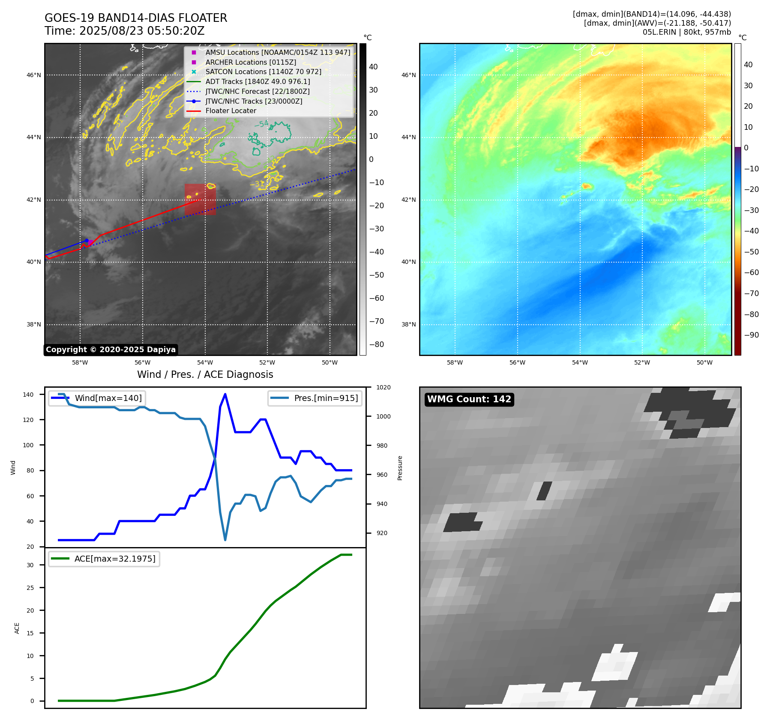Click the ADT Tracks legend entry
258,81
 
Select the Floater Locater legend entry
231,111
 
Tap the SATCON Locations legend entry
263,72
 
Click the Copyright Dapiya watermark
111,350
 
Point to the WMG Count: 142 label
469,399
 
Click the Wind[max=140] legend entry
108,398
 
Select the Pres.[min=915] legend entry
326,398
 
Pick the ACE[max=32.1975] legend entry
114,559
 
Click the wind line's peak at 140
225,395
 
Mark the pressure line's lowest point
225,540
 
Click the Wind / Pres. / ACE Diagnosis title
205,374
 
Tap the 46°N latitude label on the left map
34,75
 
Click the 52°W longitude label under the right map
642,362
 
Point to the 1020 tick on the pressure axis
384,387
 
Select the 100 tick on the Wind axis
28,445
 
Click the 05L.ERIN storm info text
686,32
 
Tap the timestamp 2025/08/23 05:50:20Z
142,31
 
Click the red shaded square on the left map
200,199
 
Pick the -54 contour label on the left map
261,124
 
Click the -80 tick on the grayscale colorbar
377,344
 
